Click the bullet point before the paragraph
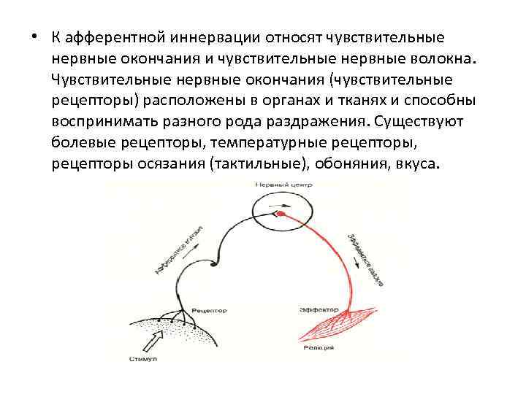[x=34, y=37]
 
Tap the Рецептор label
[x=209, y=311]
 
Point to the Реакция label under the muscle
[x=319, y=348]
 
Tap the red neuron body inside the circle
[x=280, y=213]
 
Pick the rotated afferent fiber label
[x=178, y=252]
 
